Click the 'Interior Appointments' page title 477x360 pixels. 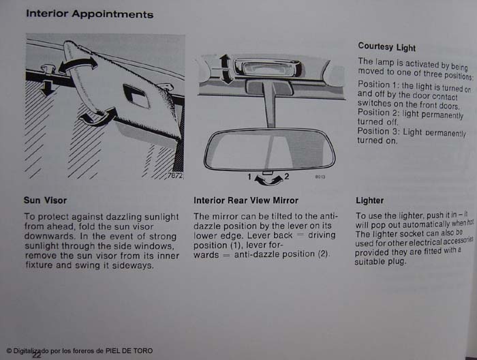(x=90, y=14)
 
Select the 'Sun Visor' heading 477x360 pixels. (x=46, y=200)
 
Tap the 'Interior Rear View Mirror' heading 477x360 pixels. (x=246, y=200)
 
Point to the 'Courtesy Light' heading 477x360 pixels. (x=386, y=46)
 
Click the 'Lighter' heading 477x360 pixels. (x=369, y=200)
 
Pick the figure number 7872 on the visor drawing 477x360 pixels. (x=175, y=176)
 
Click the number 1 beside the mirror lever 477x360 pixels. (x=249, y=177)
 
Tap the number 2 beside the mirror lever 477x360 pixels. (x=286, y=176)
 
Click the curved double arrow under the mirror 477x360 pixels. (x=268, y=181)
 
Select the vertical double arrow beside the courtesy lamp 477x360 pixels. (x=225, y=69)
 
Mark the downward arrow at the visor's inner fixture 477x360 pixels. (x=46, y=88)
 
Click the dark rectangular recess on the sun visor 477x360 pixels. (x=136, y=95)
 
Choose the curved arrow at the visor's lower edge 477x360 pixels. (x=98, y=116)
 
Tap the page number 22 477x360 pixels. (x=37, y=355)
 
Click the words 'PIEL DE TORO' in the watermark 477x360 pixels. (x=129, y=351)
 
